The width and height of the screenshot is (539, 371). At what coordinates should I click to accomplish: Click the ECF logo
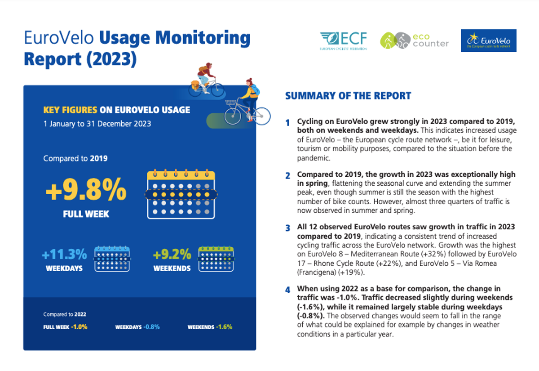click(343, 41)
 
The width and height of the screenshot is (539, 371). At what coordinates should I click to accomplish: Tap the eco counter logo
click(414, 40)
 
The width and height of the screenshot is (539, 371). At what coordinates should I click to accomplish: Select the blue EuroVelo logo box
click(489, 40)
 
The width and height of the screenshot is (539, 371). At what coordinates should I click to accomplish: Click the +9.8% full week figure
click(86, 190)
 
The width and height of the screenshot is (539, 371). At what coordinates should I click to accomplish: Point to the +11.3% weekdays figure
click(64, 254)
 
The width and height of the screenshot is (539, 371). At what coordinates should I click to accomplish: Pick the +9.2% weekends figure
click(172, 254)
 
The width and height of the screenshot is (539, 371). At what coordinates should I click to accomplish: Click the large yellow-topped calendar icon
click(181, 194)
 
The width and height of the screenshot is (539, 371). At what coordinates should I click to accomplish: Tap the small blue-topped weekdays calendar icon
click(112, 259)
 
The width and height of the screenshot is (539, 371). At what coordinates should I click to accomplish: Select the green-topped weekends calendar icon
click(216, 259)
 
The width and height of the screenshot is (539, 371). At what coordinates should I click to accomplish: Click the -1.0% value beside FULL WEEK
click(79, 327)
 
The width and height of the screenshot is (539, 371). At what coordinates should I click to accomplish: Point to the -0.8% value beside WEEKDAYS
click(152, 327)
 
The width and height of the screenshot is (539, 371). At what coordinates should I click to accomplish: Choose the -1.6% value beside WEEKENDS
click(224, 327)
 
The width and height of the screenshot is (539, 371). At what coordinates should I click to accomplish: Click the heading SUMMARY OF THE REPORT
click(348, 96)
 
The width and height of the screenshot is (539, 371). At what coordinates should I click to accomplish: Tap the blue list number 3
click(288, 228)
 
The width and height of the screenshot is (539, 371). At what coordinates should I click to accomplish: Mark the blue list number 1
click(287, 123)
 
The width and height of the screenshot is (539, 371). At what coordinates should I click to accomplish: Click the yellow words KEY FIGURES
click(70, 110)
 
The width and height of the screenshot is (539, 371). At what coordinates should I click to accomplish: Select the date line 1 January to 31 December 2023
click(97, 124)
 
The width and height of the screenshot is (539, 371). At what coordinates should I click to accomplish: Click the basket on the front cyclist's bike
click(230, 103)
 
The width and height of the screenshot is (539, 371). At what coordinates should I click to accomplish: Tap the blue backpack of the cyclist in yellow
click(256, 90)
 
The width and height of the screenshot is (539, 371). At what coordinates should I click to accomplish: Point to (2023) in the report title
click(111, 59)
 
